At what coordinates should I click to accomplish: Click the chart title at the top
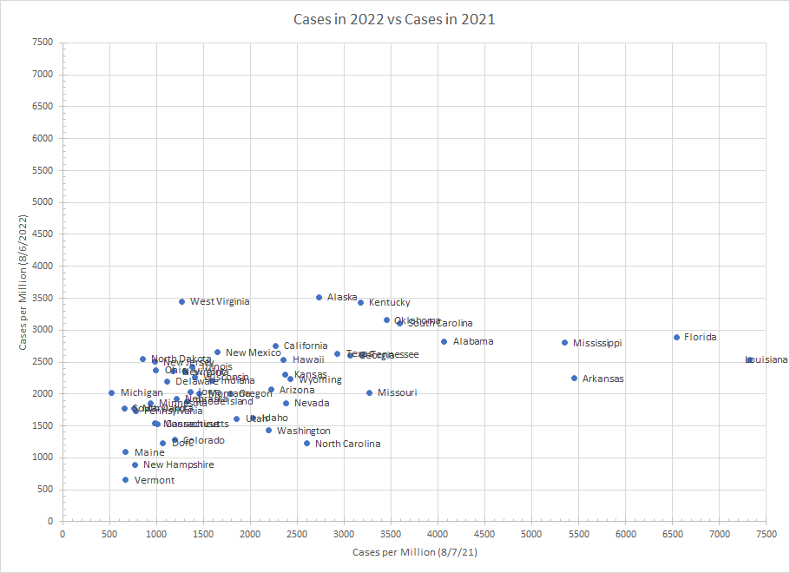394,19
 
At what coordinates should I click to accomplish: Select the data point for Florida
676,337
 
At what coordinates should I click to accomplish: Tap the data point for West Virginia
181,301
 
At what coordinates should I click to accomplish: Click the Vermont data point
125,479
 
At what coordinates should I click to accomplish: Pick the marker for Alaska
319,297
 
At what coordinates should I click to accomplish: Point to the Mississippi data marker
564,342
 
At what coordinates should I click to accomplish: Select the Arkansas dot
574,378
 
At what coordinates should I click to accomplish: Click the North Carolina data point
306,443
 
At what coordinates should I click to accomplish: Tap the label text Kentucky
390,302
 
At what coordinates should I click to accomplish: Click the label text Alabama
473,341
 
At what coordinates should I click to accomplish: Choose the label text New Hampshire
178,464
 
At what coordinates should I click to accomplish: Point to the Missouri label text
397,392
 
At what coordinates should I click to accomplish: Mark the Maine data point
125,451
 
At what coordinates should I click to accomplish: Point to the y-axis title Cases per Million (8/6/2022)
23,280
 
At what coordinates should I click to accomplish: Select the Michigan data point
111,392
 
